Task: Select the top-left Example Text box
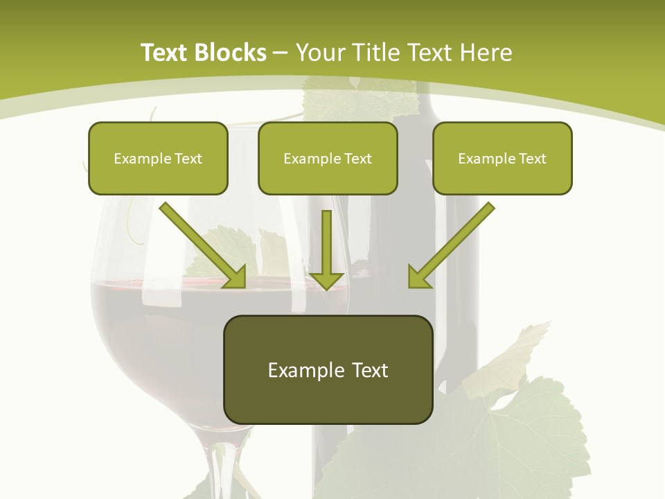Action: pos(158,158)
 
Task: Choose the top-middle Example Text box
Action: pos(328,158)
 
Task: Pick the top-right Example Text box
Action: pos(502,158)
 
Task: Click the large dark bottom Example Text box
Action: pos(328,369)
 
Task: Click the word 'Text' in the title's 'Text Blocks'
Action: pos(166,53)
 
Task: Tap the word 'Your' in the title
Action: pos(319,53)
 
